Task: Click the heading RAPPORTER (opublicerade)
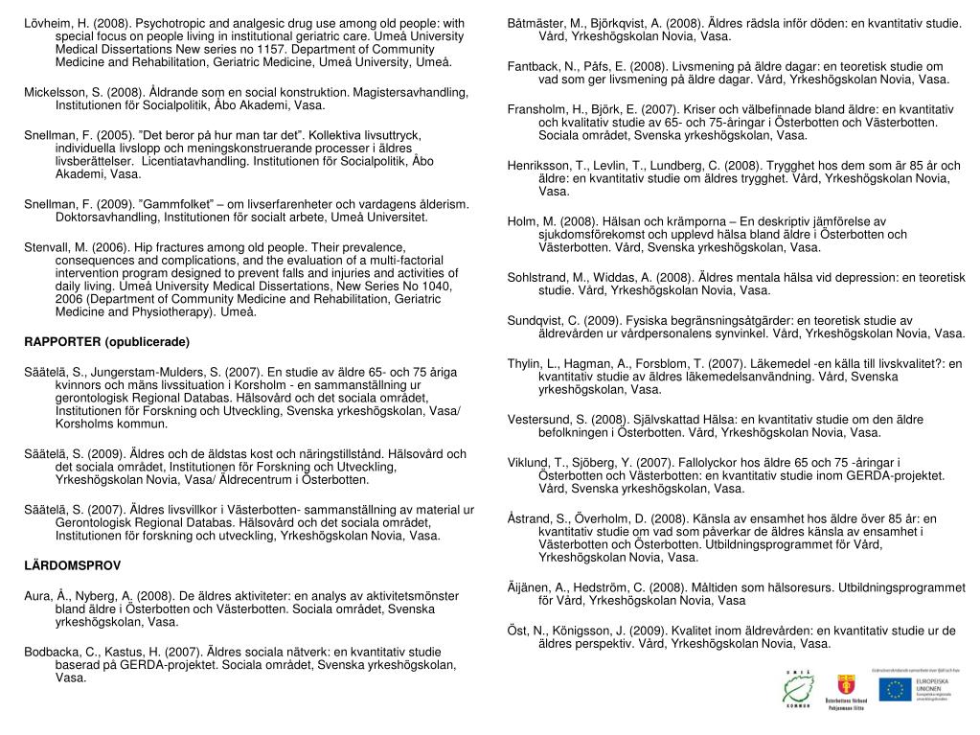click(107, 342)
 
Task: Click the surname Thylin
click(525, 362)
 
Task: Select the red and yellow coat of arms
click(848, 685)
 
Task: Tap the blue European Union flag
click(898, 688)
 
